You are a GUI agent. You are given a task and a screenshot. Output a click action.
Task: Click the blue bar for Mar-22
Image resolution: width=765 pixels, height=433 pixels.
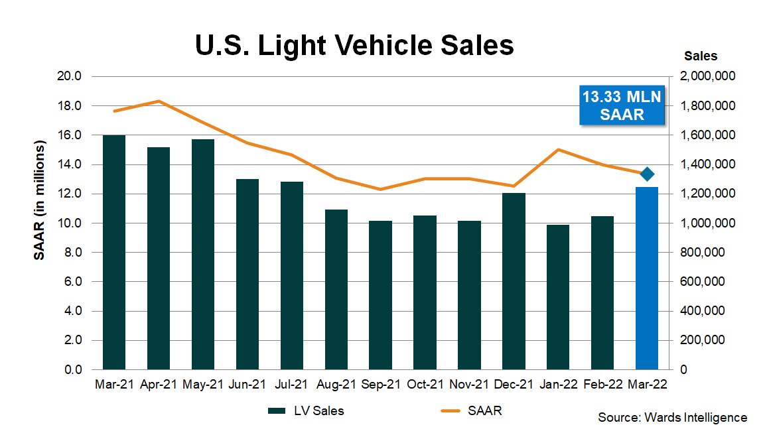(x=646, y=278)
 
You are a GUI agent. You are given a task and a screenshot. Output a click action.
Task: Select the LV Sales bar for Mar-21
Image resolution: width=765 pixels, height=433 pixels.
(x=114, y=252)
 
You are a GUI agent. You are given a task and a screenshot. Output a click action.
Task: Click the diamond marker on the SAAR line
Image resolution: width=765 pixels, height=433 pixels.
(x=648, y=174)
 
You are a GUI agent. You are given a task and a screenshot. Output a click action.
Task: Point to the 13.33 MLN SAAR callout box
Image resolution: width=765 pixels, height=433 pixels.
(x=622, y=105)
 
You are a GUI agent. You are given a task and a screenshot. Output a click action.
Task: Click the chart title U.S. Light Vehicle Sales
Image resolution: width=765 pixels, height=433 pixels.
(x=354, y=46)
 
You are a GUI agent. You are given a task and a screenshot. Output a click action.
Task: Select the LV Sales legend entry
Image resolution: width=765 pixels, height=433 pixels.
(x=306, y=411)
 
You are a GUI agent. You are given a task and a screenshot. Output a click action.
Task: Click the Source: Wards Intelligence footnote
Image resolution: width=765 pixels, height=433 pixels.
(x=672, y=418)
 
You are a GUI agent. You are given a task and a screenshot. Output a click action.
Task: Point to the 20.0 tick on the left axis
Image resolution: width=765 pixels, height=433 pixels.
(x=70, y=76)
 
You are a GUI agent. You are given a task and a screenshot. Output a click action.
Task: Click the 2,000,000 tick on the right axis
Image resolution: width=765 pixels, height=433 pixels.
(x=707, y=76)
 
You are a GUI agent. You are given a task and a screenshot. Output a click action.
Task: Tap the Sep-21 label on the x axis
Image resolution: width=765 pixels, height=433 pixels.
(x=380, y=384)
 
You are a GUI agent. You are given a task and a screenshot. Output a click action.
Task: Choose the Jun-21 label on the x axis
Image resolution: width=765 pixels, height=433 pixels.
(x=247, y=384)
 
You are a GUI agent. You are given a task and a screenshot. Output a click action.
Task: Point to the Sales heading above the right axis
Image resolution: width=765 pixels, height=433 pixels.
(x=701, y=56)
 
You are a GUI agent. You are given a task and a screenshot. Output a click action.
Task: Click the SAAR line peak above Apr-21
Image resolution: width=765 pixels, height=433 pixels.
(x=159, y=101)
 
